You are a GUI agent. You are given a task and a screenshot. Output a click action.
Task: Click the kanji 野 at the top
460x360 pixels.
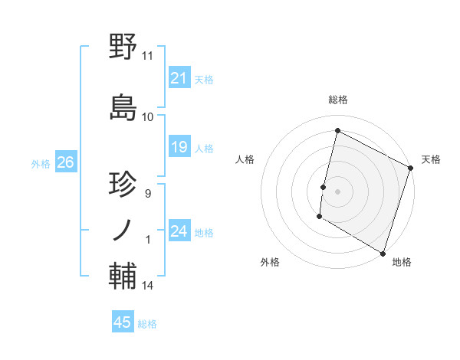tap(123, 47)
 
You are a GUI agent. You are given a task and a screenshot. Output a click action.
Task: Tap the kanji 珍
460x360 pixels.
tap(123, 185)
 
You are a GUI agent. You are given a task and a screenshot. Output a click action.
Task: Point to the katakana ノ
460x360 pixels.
tap(123, 229)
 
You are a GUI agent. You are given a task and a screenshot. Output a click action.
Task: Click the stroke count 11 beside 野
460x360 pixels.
tap(148, 56)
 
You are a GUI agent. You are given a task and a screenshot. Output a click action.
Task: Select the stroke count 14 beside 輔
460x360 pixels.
tap(148, 286)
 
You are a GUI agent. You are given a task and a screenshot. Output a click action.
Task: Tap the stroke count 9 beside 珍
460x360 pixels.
tap(147, 194)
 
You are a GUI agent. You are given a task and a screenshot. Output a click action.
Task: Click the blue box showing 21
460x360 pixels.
tap(179, 78)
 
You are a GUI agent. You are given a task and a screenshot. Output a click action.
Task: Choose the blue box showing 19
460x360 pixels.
tap(179, 147)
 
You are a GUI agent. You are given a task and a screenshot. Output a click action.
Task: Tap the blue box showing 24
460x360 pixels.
tap(179, 231)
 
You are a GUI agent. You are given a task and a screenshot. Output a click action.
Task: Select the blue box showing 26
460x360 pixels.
tap(65, 162)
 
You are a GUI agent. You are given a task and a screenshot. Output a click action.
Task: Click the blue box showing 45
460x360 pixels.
tap(123, 322)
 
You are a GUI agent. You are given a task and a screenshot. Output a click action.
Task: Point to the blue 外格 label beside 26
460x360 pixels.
tap(41, 163)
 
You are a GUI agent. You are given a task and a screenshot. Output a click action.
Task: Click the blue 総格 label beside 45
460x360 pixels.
tap(147, 324)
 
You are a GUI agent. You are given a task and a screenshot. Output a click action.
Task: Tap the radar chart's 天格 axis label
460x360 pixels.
tap(431, 159)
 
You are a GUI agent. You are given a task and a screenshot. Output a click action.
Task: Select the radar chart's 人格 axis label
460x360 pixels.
tap(245, 159)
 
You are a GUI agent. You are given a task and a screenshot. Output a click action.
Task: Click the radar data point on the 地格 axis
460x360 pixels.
tap(383, 253)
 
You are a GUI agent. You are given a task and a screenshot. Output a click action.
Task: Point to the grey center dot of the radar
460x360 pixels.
tap(337, 191)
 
